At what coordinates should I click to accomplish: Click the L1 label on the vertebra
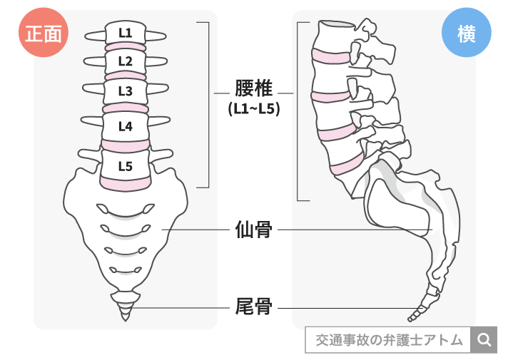tap(125, 32)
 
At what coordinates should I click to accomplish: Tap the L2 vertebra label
tap(125, 61)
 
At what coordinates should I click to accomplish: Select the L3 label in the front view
tap(125, 91)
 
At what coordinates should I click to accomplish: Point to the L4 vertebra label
tap(125, 127)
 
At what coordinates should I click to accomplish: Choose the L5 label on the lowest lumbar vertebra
tap(125, 167)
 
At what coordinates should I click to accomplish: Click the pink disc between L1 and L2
tap(126, 48)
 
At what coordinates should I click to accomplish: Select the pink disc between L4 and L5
tap(126, 145)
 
